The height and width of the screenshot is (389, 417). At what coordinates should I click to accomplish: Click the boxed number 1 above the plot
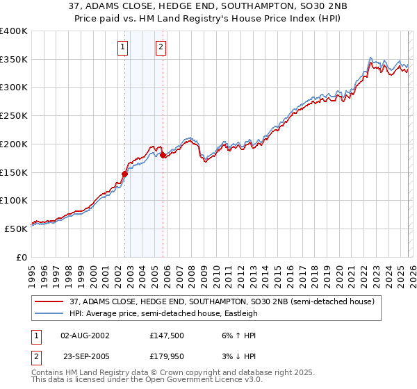123,47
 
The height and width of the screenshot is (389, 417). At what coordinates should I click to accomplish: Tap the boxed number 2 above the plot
161,47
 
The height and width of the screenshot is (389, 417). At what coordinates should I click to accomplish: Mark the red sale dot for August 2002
124,174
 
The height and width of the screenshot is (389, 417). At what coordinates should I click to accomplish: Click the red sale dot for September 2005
163,156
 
